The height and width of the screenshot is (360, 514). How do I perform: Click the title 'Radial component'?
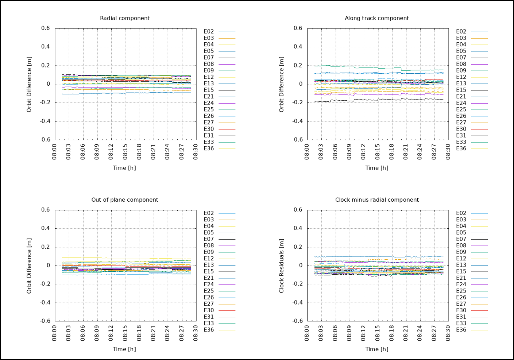tap(125, 18)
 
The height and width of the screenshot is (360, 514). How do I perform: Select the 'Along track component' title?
tap(377, 18)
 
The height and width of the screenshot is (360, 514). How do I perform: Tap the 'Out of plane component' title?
tap(125, 200)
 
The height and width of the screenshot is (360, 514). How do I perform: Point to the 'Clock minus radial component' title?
tap(377, 200)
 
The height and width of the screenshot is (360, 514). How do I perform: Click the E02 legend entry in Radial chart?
tap(209, 32)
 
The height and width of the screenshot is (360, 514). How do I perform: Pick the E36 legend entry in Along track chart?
tap(461, 148)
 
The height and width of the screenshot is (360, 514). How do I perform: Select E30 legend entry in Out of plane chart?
tap(209, 310)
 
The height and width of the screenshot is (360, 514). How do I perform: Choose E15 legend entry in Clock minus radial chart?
tap(461, 271)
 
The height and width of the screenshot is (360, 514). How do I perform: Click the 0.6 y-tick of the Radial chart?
tap(46, 28)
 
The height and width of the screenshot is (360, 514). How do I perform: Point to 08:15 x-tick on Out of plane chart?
tap(125, 333)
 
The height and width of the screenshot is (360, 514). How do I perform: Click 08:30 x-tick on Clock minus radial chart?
tap(448, 333)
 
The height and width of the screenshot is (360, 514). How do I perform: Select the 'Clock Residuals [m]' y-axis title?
tap(281, 266)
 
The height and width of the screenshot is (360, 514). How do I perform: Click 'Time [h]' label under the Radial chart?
tap(124, 168)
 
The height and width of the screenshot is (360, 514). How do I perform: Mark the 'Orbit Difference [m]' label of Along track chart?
tap(281, 84)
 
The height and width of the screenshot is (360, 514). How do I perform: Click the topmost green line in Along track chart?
tap(365, 67)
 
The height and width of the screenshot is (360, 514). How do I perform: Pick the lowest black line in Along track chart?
tap(365, 99)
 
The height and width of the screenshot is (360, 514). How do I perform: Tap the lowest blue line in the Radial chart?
tap(109, 93)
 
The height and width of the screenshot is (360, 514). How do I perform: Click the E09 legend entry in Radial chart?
tap(209, 71)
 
